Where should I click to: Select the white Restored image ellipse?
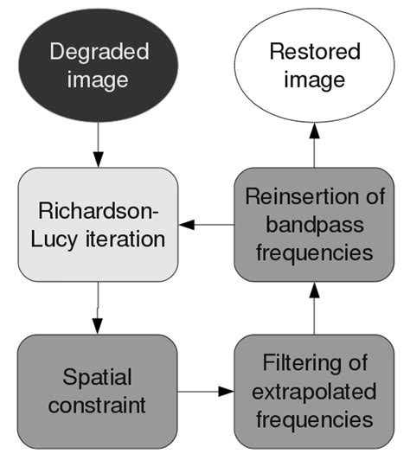click(314, 66)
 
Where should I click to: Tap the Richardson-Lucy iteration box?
click(98, 225)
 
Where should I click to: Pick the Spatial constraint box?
click(98, 392)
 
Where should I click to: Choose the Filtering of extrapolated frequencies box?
click(314, 392)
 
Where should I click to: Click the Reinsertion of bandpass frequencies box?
click(314, 225)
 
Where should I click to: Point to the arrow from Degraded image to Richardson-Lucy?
click(98, 144)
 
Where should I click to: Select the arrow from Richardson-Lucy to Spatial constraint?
click(98, 308)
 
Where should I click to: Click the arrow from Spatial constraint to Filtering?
click(206, 392)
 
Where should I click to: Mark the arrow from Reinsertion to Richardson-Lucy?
click(206, 225)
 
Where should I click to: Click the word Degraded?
click(99, 51)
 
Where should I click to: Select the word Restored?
click(314, 51)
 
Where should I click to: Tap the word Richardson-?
click(98, 211)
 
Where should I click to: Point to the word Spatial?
click(98, 377)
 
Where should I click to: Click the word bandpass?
click(314, 225)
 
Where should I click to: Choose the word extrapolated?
click(314, 392)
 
